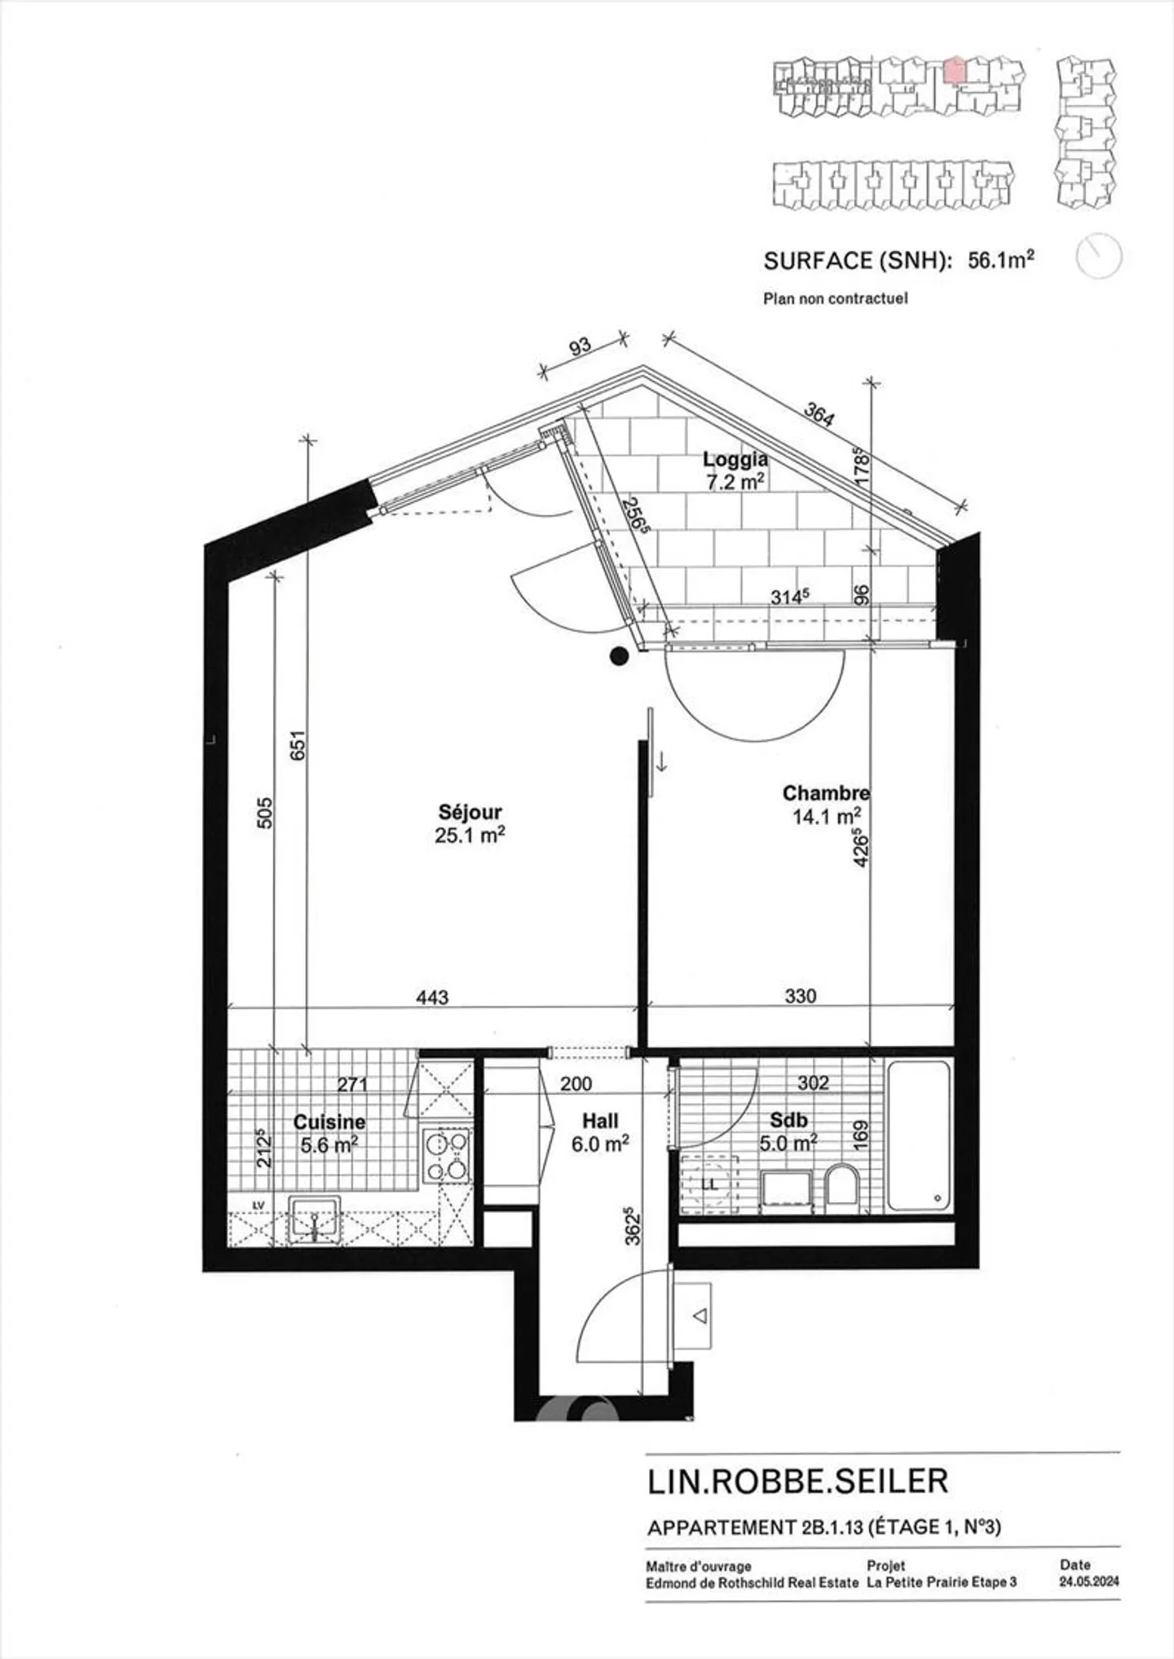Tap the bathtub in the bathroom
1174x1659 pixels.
click(919, 1135)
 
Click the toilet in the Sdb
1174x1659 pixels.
click(841, 1185)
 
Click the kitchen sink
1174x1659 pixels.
click(315, 1220)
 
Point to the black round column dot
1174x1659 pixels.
click(620, 655)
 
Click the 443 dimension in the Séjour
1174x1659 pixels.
click(432, 997)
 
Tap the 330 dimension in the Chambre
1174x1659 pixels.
click(800, 996)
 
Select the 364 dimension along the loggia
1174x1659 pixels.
click(819, 415)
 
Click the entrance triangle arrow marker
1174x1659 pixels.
click(700, 1316)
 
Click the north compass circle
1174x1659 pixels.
click(1099, 257)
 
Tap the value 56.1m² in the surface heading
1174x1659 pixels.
click(1000, 260)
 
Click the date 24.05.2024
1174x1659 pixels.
click(1089, 1581)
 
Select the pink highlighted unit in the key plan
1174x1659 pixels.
click(954, 69)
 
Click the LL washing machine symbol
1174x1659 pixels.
click(709, 1184)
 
